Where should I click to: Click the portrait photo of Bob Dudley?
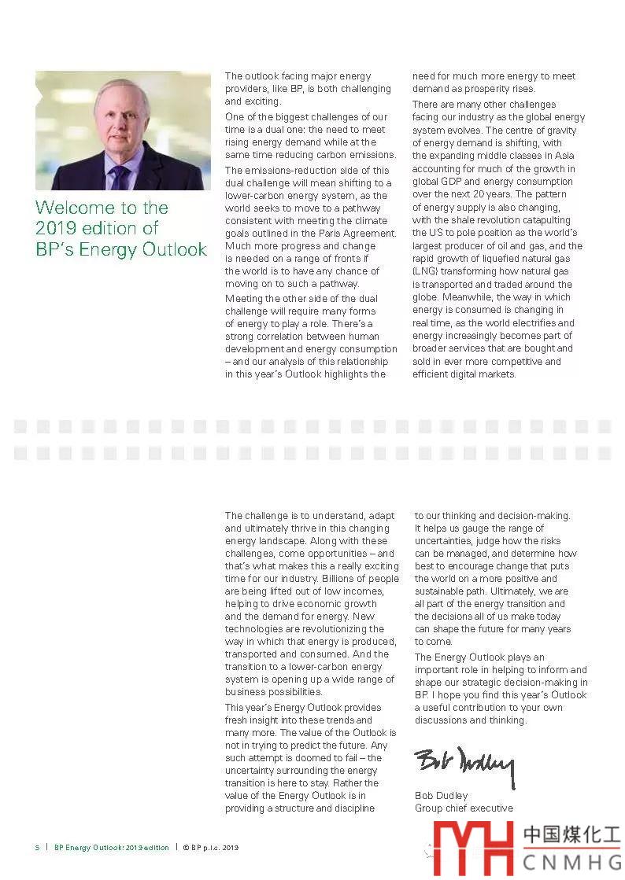click(x=123, y=131)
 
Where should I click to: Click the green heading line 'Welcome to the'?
click(x=102, y=208)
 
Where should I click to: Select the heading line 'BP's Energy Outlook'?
click(x=121, y=249)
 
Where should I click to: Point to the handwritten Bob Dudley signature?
click(x=464, y=765)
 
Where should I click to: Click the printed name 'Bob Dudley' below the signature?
click(x=441, y=795)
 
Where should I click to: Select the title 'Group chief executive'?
click(x=464, y=808)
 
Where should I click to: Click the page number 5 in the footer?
click(x=37, y=848)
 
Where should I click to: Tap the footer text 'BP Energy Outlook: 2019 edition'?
click(x=112, y=848)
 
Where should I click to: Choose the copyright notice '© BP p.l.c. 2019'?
click(x=210, y=848)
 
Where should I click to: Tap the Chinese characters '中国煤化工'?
click(x=573, y=835)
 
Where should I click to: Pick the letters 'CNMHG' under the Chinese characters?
click(x=573, y=862)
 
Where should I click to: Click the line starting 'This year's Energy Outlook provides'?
click(x=303, y=708)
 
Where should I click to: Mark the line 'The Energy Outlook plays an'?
click(x=479, y=657)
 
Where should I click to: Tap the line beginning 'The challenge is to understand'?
click(x=309, y=516)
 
